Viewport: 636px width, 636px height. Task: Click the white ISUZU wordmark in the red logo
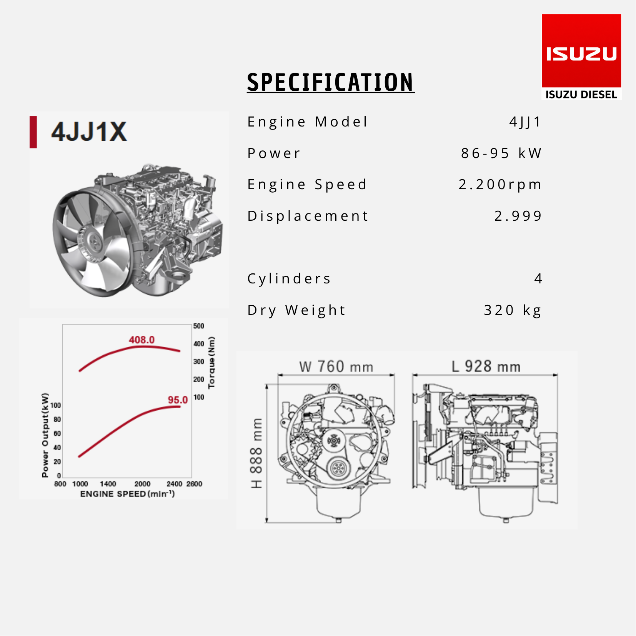tap(581, 54)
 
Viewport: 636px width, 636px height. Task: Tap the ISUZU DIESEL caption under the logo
tap(581, 95)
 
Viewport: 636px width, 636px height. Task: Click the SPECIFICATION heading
tap(331, 82)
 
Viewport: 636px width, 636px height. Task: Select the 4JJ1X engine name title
tap(89, 132)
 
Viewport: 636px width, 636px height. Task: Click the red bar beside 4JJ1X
tap(33, 132)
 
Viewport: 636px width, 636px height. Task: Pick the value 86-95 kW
tap(501, 153)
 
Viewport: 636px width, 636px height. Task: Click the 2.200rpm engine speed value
tap(500, 185)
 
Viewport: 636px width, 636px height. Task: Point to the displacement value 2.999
tap(518, 216)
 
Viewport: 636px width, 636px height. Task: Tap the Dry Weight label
tap(296, 310)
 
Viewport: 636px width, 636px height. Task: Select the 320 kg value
tap(513, 310)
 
